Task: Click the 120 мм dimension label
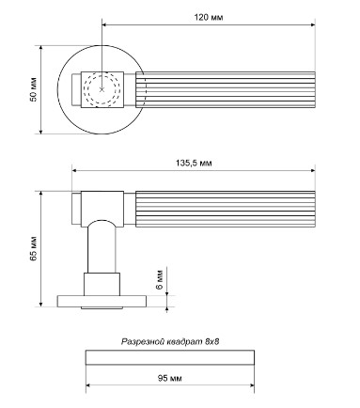[209, 17]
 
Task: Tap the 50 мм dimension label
[33, 89]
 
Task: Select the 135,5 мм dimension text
[194, 163]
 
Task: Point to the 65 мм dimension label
[33, 248]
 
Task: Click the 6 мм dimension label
[160, 279]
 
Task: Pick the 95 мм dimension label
[169, 378]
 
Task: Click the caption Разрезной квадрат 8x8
[170, 341]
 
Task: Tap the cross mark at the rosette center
[102, 89]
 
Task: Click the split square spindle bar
[170, 357]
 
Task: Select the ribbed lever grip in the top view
[226, 89]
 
